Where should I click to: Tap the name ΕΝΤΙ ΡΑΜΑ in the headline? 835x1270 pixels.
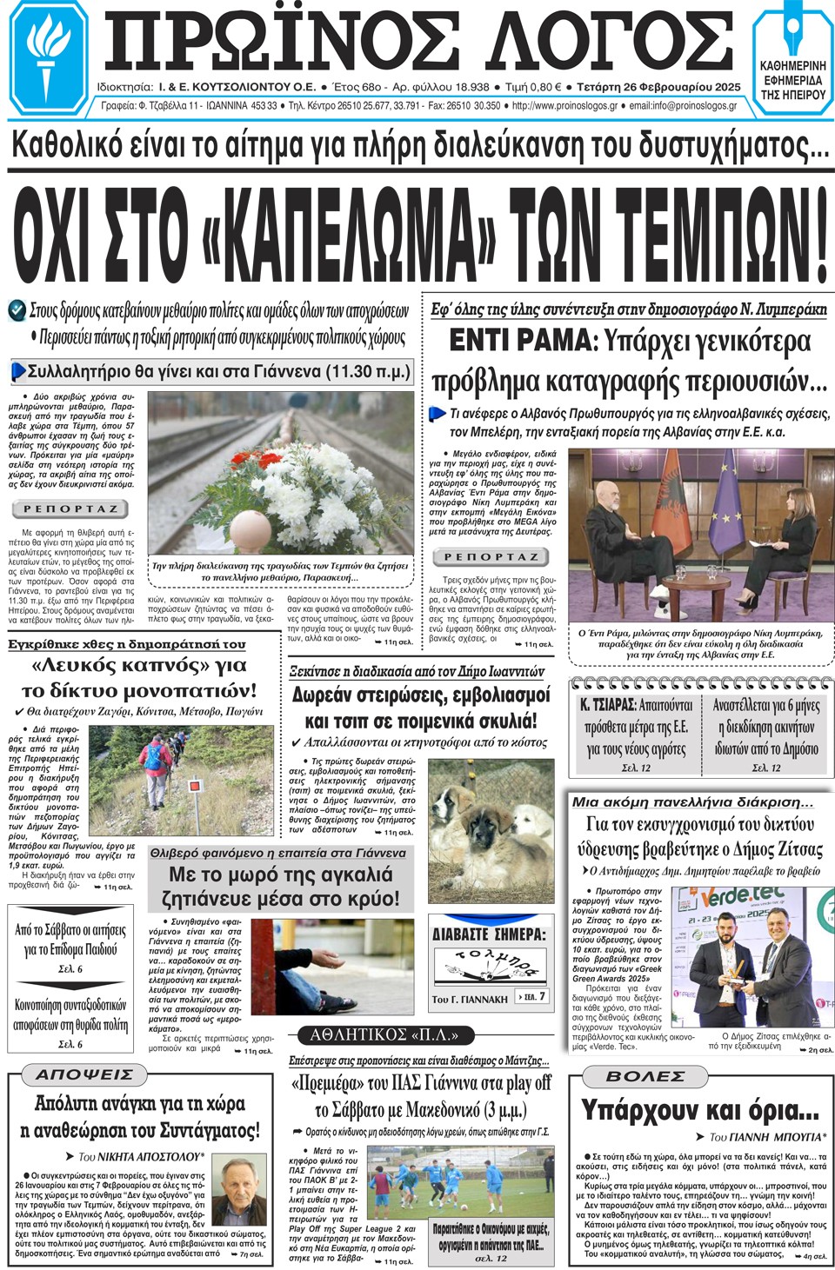tap(522, 341)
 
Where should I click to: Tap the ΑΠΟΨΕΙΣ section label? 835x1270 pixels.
tap(84, 1075)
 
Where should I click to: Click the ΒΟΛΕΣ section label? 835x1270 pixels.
tap(645, 1076)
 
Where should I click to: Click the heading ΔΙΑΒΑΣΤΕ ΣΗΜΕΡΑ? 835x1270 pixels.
tap(489, 934)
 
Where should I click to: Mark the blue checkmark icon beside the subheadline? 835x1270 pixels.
tap(17, 310)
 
